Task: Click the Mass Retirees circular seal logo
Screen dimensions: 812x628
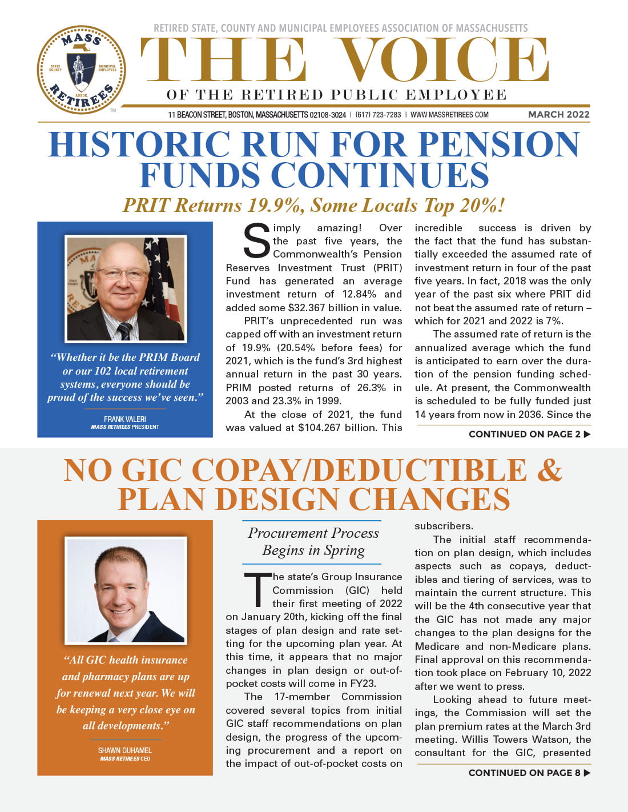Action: (81, 69)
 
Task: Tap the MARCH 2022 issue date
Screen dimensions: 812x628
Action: (558, 114)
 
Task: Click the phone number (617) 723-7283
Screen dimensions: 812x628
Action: (378, 115)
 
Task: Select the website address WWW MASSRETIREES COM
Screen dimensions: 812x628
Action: (449, 115)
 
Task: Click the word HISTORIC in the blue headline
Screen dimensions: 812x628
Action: (139, 144)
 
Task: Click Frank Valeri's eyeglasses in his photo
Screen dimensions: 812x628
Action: (120, 274)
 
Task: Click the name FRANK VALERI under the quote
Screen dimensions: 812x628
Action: (124, 419)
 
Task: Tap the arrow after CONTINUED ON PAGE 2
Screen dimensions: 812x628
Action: (587, 435)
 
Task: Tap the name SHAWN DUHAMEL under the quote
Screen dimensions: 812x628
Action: (124, 750)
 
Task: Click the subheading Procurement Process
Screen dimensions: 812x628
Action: (313, 533)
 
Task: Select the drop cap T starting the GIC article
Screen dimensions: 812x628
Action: (257, 589)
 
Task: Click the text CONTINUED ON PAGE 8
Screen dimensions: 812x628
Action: (524, 773)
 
